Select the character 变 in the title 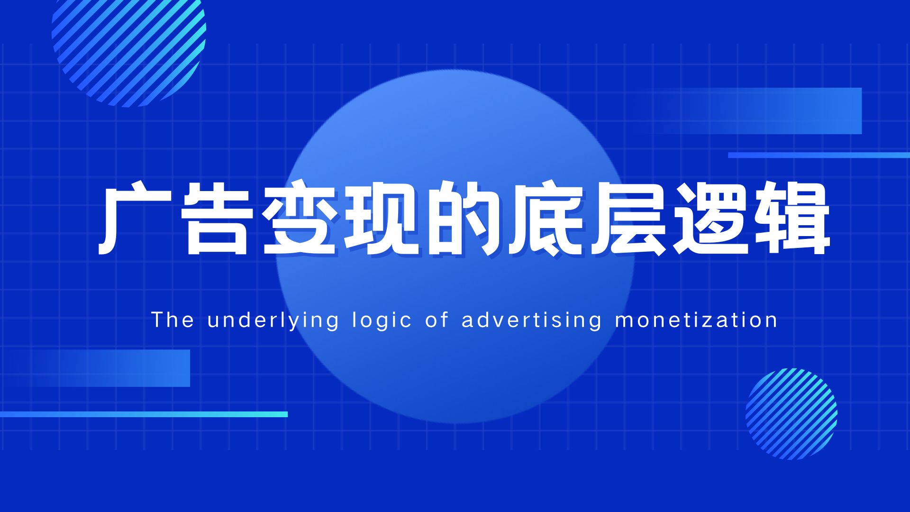click(300, 219)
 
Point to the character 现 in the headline click(382, 219)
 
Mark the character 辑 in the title click(792, 219)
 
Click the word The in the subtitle click(173, 320)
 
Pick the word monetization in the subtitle click(696, 320)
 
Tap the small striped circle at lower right click(792, 414)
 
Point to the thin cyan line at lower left click(144, 414)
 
